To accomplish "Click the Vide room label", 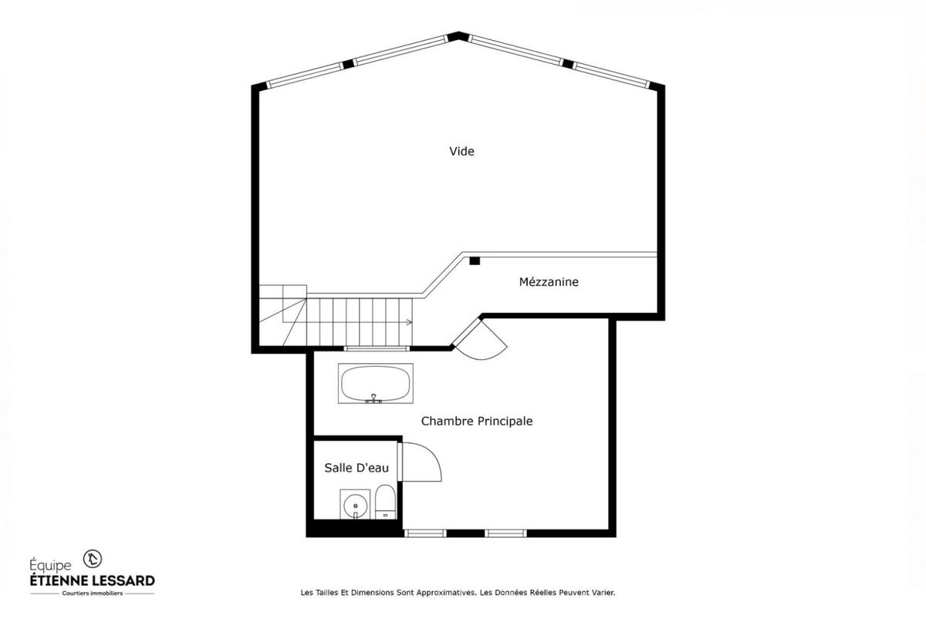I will click(461, 152).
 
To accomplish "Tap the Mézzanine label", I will click(548, 282).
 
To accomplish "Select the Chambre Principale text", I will click(476, 422).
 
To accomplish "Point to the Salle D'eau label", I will click(350, 468).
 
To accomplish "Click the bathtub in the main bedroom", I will click(376, 383).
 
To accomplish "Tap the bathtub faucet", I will click(375, 399).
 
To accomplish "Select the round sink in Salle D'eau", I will click(355, 506).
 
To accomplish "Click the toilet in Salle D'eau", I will click(385, 502).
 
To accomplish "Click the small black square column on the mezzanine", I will click(475, 261).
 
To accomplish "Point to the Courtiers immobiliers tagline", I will click(92, 594).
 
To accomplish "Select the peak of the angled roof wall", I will click(459, 35).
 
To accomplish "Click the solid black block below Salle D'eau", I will click(354, 530).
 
